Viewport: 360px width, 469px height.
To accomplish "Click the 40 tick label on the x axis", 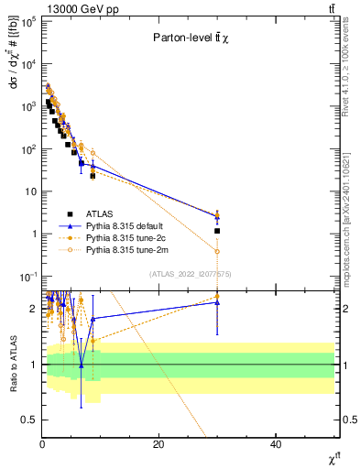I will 276,444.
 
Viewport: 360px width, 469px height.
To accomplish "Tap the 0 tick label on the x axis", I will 42,444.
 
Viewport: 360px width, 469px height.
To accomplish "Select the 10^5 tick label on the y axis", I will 28,21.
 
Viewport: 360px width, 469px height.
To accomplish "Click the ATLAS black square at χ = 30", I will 217,231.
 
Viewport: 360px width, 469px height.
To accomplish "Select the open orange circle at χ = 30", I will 217,251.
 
